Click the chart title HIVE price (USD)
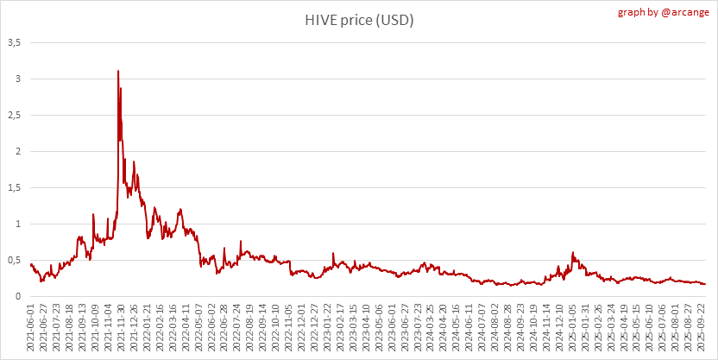(359, 20)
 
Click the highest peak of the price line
(118, 71)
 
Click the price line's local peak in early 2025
(573, 253)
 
